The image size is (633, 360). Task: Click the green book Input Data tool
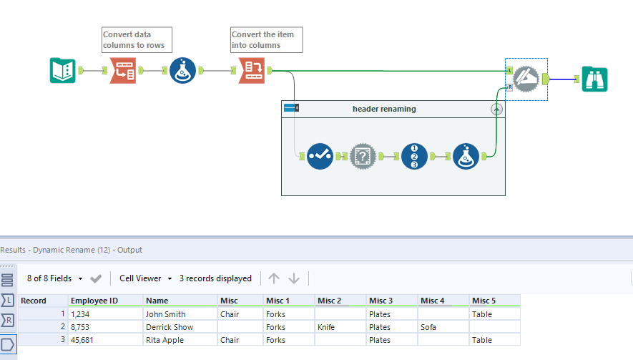[x=63, y=71]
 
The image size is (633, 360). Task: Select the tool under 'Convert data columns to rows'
[x=123, y=71]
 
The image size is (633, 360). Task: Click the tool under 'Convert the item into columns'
[x=252, y=71]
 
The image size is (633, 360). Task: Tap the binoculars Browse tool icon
[x=594, y=78]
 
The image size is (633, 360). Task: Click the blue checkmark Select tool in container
[x=320, y=155]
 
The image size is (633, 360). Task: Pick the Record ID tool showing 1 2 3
[x=415, y=155]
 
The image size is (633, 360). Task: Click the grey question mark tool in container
[x=363, y=155]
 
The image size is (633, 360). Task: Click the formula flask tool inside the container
[x=466, y=155]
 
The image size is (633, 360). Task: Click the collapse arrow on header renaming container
[x=496, y=109]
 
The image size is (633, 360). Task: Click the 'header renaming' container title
[x=383, y=109]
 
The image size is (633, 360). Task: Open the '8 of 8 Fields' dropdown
[x=55, y=278]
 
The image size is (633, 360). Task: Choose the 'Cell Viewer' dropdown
[x=145, y=278]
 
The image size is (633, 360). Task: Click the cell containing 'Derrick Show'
[x=169, y=327]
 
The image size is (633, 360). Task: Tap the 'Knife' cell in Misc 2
[x=328, y=327]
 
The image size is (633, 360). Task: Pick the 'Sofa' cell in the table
[x=429, y=327]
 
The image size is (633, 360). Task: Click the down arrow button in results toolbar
[x=294, y=278]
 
